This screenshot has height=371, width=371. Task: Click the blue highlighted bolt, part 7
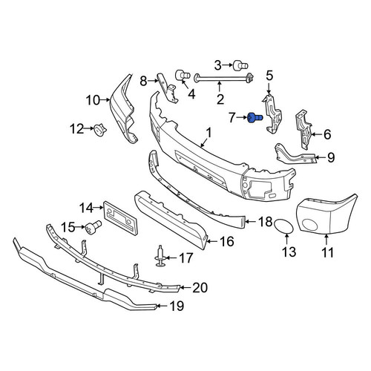tap(255, 117)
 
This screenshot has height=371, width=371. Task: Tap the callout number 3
tap(218, 65)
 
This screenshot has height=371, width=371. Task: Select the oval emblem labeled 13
tap(283, 226)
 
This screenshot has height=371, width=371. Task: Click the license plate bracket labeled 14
tap(120, 217)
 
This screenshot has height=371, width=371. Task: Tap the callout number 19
tap(177, 306)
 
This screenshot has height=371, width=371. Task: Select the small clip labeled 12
tap(99, 130)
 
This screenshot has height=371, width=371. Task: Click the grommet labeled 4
tap(183, 75)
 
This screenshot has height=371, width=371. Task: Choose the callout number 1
tap(209, 133)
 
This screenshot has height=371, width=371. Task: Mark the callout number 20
tap(200, 288)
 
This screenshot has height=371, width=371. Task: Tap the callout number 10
tap(93, 100)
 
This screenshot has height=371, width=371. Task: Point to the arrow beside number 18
tap(250, 222)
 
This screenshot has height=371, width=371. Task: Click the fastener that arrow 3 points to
tap(240, 65)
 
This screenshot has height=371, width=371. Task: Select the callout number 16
tap(226, 241)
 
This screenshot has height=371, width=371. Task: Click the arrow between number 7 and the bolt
tap(242, 118)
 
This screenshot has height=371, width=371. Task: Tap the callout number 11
tap(328, 252)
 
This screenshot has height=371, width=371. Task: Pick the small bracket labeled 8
tap(168, 88)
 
